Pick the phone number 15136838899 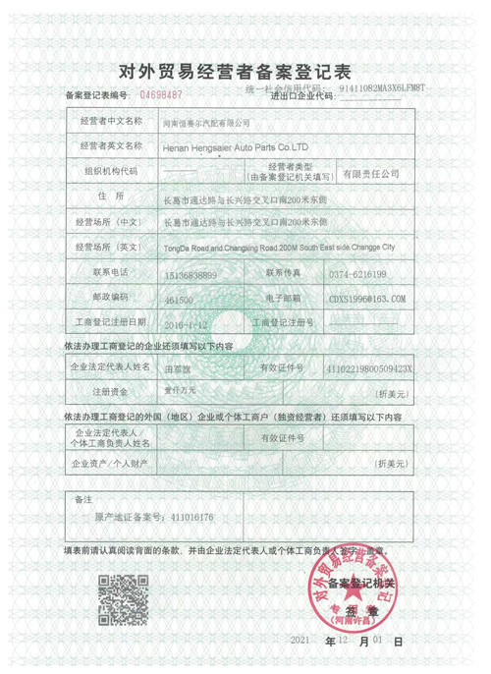coord(191,272)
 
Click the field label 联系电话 coord(109,272)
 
